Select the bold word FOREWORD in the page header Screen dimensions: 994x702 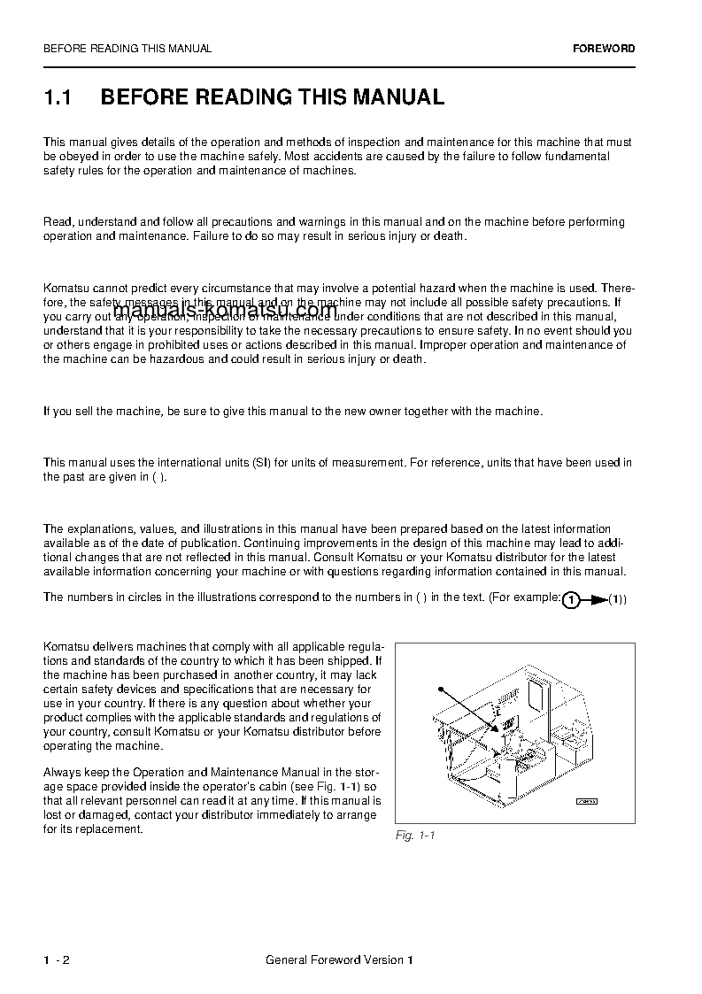point(604,49)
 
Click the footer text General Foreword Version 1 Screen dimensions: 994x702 point(339,960)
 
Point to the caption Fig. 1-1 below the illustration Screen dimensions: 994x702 point(414,836)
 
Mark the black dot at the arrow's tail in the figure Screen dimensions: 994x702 point(439,688)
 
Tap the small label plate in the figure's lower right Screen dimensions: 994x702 point(587,801)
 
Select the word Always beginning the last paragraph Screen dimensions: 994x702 point(61,773)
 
